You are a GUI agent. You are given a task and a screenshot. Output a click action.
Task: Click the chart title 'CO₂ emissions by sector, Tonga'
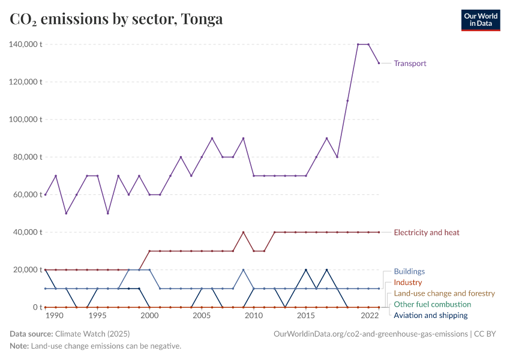[x=116, y=19]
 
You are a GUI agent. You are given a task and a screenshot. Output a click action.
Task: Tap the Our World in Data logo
[x=480, y=20]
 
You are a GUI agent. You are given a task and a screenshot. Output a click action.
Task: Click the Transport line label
[x=410, y=63]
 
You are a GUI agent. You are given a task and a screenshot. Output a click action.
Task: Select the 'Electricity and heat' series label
[x=427, y=232]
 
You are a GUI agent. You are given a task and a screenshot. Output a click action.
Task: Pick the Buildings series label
[x=409, y=271]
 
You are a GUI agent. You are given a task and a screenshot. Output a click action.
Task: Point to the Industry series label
[x=407, y=282]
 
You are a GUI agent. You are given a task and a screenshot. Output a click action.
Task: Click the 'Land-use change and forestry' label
[x=444, y=293]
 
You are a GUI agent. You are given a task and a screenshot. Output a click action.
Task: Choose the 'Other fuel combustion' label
[x=432, y=304]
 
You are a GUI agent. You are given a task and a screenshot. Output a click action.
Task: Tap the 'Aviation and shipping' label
[x=430, y=315]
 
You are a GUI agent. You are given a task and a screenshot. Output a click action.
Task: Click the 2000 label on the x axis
[x=149, y=316]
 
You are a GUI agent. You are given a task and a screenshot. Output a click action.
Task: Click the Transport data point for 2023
[x=379, y=63]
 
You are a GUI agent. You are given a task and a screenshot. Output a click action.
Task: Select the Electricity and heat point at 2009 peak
[x=243, y=232]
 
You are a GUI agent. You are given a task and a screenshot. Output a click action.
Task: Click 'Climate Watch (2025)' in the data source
[x=92, y=334]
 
